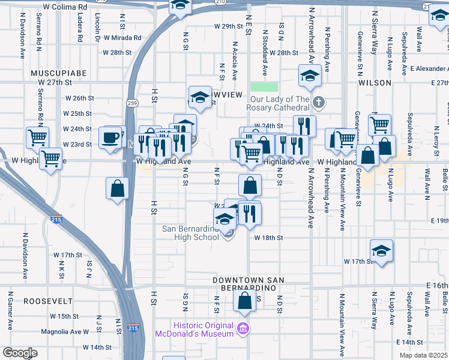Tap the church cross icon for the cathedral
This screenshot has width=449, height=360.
(319, 103)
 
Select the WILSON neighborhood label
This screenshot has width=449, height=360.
(375, 82)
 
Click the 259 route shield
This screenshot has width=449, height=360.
(132, 103)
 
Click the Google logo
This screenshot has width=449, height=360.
(20, 353)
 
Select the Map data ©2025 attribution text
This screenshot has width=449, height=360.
(423, 355)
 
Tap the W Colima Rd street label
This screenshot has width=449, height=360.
(66, 7)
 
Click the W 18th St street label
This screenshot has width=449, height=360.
(268, 238)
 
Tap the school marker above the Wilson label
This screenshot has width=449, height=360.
(310, 76)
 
